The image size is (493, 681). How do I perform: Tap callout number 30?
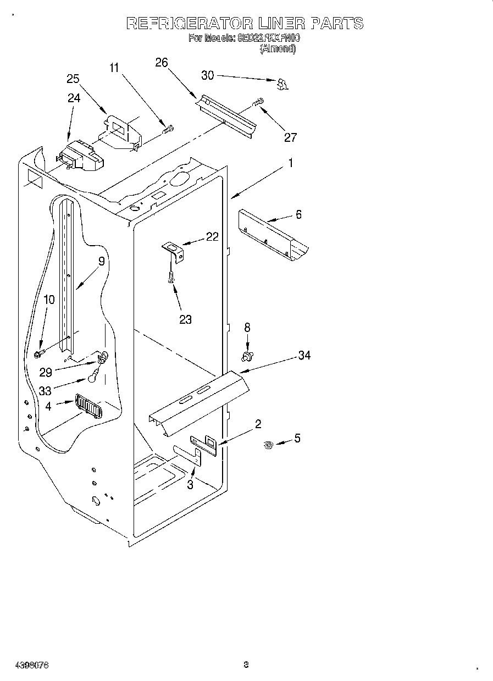pyautogui.click(x=208, y=76)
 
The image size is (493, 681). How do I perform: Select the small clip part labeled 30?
pyautogui.click(x=282, y=84)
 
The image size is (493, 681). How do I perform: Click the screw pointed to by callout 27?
pyautogui.click(x=258, y=102)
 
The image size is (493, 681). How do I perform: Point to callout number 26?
pyautogui.click(x=161, y=63)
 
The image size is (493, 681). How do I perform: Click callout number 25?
pyautogui.click(x=73, y=79)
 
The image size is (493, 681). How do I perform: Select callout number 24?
pyautogui.click(x=74, y=98)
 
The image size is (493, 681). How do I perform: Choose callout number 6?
pyautogui.click(x=298, y=214)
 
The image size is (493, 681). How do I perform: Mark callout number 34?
pyautogui.click(x=304, y=356)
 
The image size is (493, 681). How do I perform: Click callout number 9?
pyautogui.click(x=101, y=262)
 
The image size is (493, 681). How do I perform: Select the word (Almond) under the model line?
pyautogui.click(x=278, y=48)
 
